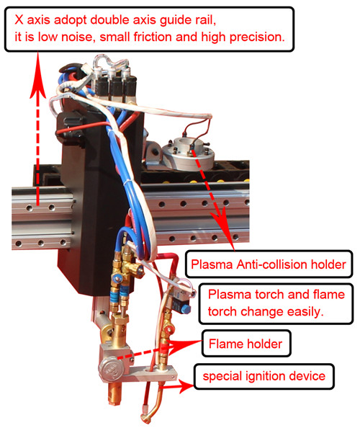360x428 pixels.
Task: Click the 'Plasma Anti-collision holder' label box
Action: (x=269, y=264)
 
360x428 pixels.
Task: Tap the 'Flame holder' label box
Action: (x=246, y=344)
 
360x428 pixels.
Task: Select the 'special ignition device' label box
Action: (x=264, y=376)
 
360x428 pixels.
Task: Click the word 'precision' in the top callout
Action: (x=257, y=37)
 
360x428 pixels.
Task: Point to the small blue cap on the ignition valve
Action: (x=186, y=309)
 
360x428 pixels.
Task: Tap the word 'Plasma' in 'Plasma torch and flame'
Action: (x=230, y=295)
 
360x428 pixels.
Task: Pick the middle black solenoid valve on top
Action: (x=116, y=85)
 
